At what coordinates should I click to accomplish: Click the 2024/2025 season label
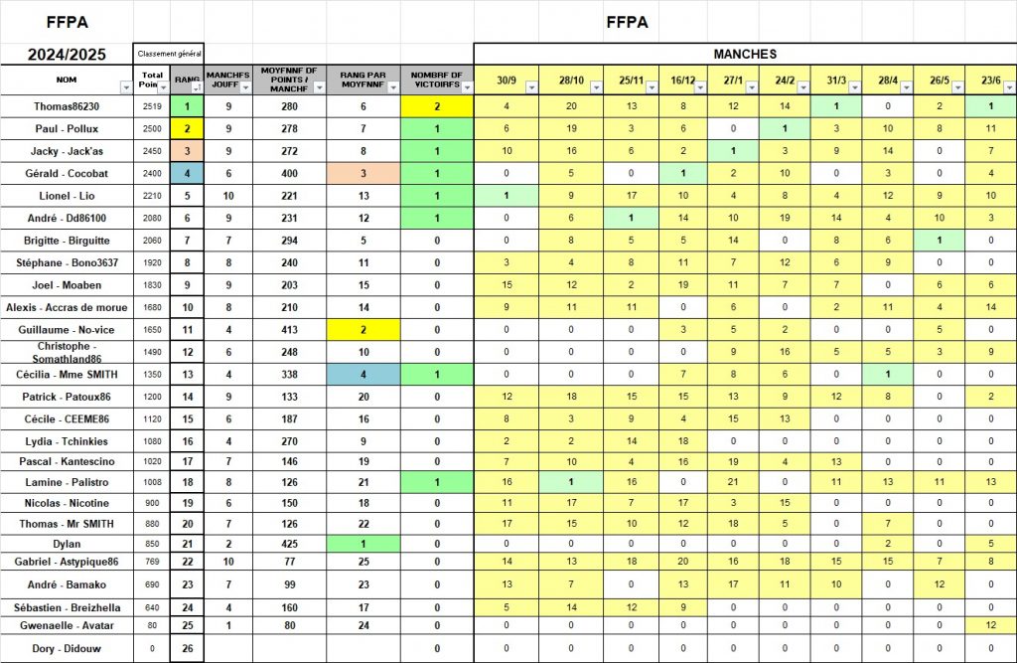pos(66,54)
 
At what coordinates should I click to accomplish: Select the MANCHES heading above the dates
pos(745,54)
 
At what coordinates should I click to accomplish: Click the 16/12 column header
pos(682,80)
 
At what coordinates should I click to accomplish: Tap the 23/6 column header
pos(990,80)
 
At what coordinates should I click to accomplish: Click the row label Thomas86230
pos(67,106)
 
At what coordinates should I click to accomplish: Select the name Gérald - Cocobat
pos(67,173)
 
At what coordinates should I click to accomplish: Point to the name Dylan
pos(67,544)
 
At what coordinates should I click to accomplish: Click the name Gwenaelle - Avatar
pos(67,624)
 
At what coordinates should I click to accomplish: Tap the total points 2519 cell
pos(152,106)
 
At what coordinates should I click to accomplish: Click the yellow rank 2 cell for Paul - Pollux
pos(187,128)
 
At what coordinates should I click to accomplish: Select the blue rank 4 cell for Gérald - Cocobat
pos(187,173)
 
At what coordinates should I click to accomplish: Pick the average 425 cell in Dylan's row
pos(289,544)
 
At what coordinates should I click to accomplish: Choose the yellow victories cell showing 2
pos(437,106)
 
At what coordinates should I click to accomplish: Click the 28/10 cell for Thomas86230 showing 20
pos(571,106)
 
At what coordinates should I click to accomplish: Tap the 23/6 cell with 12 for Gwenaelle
pos(990,624)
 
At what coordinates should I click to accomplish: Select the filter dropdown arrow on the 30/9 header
pos(530,87)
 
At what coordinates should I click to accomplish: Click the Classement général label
pos(169,54)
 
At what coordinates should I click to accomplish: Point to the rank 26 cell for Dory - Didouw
pos(187,649)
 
